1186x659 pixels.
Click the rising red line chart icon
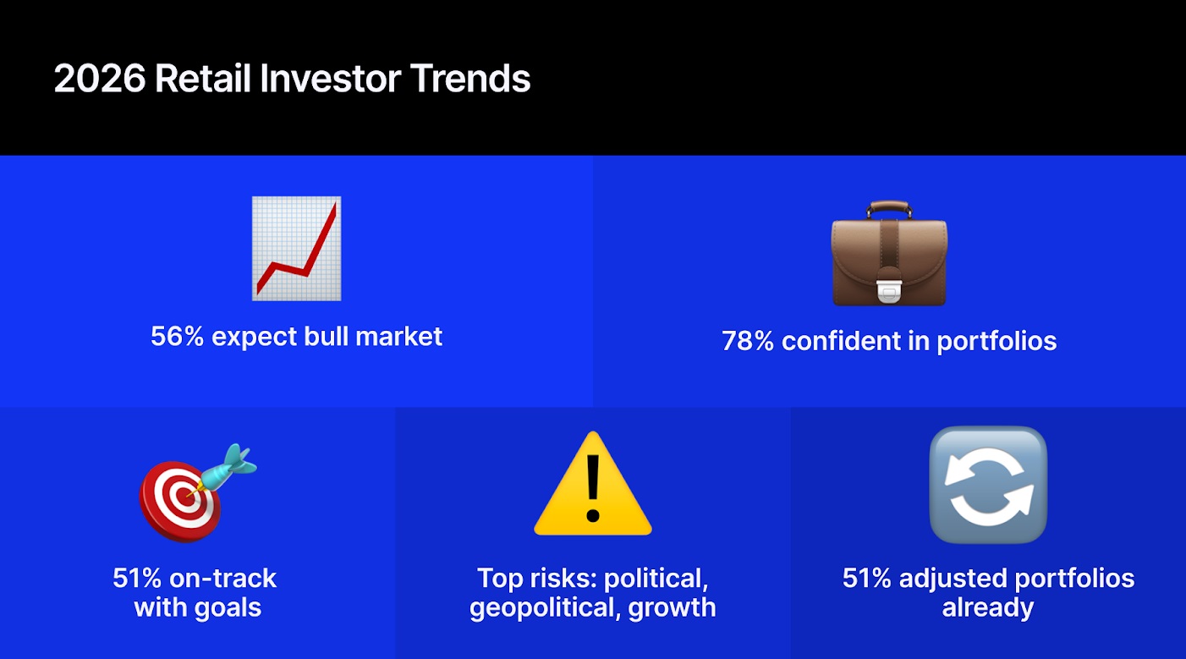click(x=297, y=248)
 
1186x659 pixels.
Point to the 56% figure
click(x=177, y=337)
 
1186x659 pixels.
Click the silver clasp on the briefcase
click(x=889, y=288)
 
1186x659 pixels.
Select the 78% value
click(x=748, y=342)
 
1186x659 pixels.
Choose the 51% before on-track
click(x=138, y=579)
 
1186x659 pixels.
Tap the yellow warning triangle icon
click(x=592, y=486)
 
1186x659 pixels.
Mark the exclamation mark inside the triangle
click(x=592, y=489)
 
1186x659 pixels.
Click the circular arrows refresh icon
click(x=987, y=485)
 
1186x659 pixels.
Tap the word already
click(x=987, y=608)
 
